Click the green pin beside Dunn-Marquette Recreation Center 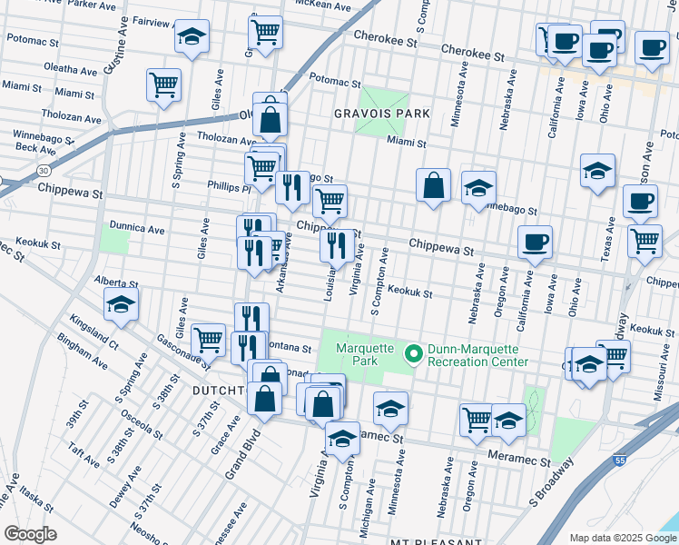tap(413, 354)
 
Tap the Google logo tap(31, 534)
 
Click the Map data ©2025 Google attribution tap(622, 538)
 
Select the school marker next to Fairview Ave tap(192, 39)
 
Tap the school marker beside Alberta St tap(120, 306)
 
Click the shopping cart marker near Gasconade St tap(209, 340)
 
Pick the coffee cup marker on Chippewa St tap(535, 242)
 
